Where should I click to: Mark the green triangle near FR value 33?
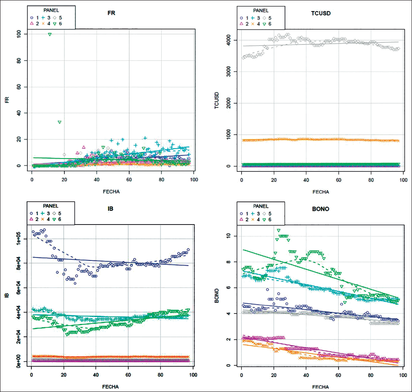tap(60, 122)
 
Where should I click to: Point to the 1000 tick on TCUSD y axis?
tap(227, 135)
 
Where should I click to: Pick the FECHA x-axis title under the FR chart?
tap(111, 191)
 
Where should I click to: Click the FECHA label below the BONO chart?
tap(321, 386)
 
